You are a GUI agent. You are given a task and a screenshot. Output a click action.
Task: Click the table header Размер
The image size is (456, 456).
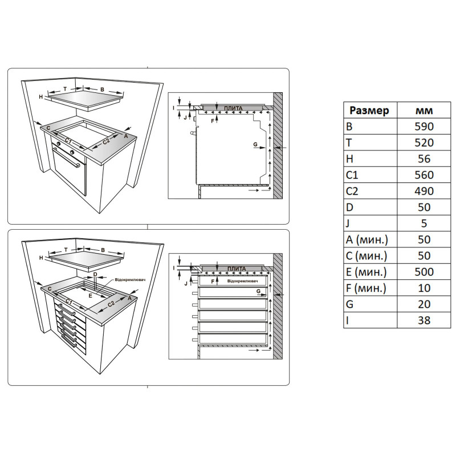click(x=369, y=111)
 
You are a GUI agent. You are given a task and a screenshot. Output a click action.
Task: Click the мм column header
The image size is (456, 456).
click(x=424, y=111)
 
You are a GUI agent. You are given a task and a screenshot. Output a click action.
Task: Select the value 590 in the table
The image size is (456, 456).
click(x=424, y=127)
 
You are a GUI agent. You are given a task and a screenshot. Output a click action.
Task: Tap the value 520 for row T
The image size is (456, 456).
click(x=424, y=142)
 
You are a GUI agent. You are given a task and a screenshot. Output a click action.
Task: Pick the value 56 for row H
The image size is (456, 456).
click(x=424, y=159)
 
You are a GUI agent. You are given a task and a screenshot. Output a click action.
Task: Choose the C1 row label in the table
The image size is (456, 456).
click(x=352, y=175)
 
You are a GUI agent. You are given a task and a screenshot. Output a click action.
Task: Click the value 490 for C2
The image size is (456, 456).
click(x=424, y=191)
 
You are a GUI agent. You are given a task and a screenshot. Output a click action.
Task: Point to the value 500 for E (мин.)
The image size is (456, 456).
click(x=424, y=272)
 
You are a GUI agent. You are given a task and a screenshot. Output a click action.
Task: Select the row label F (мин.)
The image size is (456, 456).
click(x=366, y=288)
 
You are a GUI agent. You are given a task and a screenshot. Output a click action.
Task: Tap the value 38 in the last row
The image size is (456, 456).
click(x=424, y=320)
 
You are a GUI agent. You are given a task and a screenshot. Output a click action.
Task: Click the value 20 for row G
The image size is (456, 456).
click(x=424, y=304)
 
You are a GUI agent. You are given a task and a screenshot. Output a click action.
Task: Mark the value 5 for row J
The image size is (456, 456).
click(x=424, y=223)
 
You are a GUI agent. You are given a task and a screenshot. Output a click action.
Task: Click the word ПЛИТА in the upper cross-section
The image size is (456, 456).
click(x=233, y=108)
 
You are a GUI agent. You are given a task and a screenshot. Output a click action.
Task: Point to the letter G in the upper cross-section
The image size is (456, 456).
click(x=255, y=144)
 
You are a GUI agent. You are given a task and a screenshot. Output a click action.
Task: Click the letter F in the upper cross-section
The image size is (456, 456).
click(x=213, y=121)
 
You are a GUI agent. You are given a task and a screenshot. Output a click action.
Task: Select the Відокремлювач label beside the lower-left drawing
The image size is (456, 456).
click(x=130, y=280)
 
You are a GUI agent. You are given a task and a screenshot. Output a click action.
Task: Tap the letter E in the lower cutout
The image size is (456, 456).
click(x=91, y=296)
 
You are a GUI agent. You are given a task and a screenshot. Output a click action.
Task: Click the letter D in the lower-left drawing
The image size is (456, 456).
click(x=95, y=274)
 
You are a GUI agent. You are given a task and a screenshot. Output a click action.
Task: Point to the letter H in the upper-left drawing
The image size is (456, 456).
click(x=41, y=97)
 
